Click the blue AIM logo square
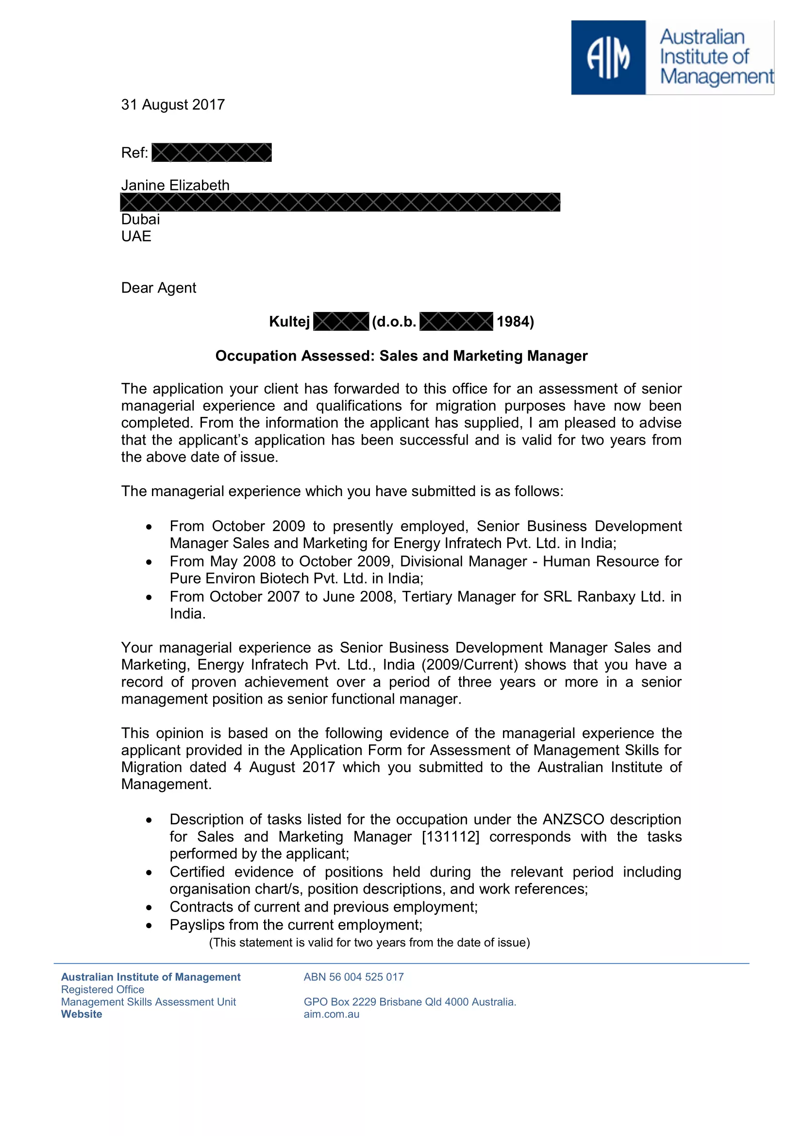[x=608, y=57]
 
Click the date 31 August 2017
[x=173, y=105]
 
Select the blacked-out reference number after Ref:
[x=212, y=153]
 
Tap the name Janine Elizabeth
[x=176, y=185]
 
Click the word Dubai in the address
[x=140, y=219]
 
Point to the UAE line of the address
[x=136, y=237]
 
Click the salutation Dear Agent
[x=159, y=288]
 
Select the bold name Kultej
[x=289, y=322]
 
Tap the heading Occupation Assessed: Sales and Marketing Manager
[x=401, y=356]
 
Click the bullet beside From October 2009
[x=149, y=527]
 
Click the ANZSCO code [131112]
[x=451, y=837]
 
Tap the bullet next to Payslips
[x=149, y=926]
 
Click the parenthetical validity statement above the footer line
[x=369, y=943]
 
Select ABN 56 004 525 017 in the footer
[x=353, y=977]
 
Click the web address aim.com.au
[x=331, y=1015]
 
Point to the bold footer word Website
[x=82, y=1015]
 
